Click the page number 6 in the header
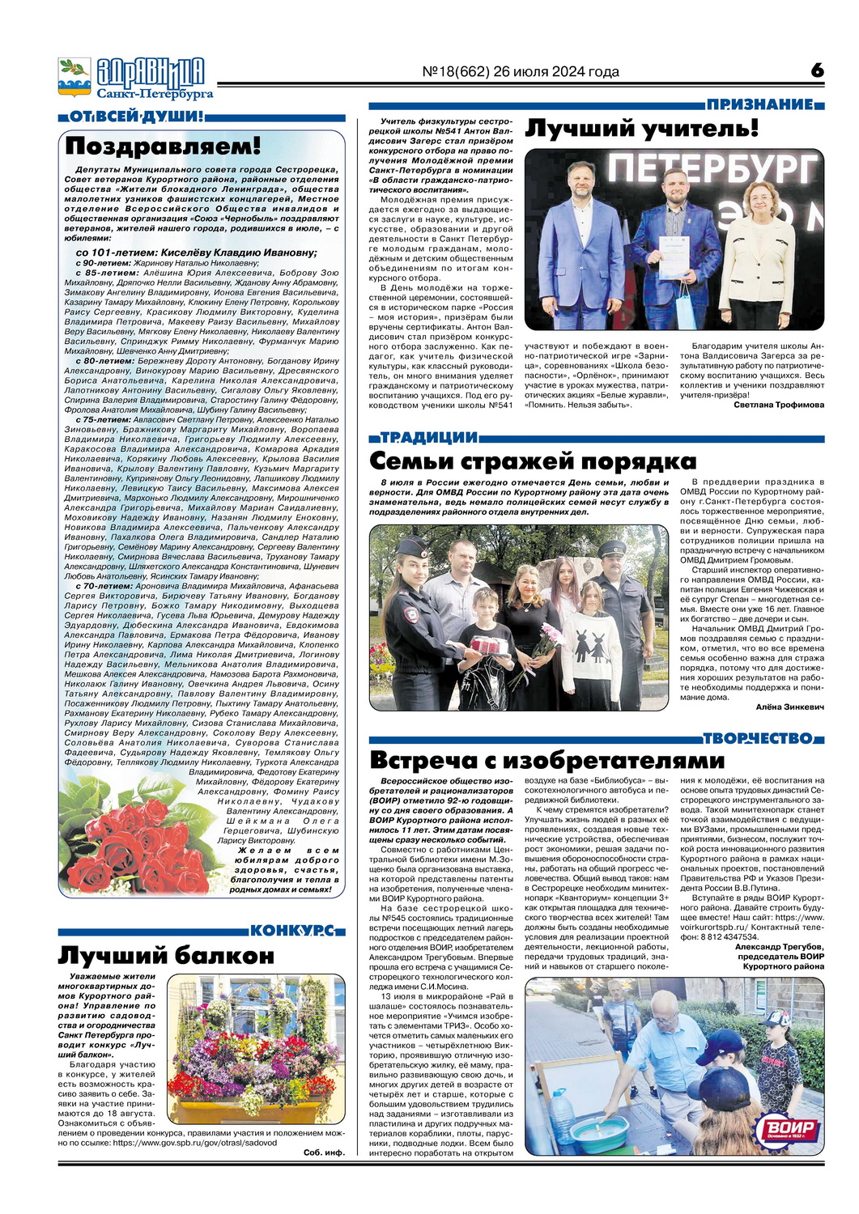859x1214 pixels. click(x=817, y=70)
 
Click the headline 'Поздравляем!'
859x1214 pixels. click(x=163, y=146)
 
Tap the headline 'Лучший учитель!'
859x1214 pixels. click(x=642, y=129)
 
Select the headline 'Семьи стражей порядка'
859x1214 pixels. click(x=532, y=461)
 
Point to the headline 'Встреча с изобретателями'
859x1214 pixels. click(x=546, y=760)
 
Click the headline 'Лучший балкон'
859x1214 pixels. click(x=166, y=955)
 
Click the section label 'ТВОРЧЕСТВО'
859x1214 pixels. click(x=758, y=738)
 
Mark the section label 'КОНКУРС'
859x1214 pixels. click(x=291, y=931)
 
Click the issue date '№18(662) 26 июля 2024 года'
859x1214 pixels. click(x=521, y=72)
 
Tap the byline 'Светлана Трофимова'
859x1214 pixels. click(x=779, y=405)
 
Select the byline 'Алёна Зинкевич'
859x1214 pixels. click(x=789, y=707)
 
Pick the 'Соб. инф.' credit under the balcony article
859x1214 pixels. click(x=324, y=1152)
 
